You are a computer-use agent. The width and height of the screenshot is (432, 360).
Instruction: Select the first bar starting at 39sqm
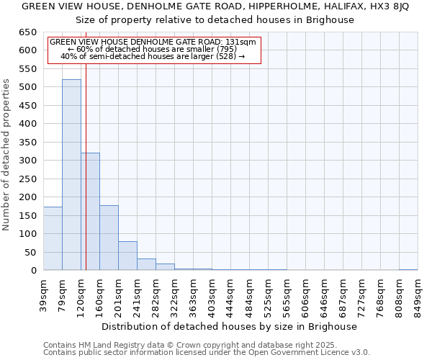tap(53, 238)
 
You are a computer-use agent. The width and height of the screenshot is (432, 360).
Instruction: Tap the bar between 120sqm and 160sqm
tap(90, 212)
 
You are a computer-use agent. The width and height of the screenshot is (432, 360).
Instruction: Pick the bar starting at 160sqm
tap(109, 238)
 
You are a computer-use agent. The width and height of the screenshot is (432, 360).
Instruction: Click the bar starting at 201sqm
tap(127, 256)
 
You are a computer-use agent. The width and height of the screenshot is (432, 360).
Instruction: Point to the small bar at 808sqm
tap(408, 269)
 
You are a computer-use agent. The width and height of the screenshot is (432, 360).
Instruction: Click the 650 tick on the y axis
tap(28, 32)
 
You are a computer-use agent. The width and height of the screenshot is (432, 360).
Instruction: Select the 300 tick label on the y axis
tap(28, 161)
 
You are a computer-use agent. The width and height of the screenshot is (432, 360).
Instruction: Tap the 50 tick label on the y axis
tap(31, 252)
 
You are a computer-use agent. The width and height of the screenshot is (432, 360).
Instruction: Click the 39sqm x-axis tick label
tap(43, 295)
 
